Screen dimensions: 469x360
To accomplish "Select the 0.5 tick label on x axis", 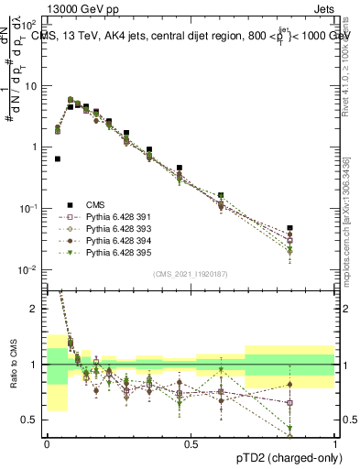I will [191, 443].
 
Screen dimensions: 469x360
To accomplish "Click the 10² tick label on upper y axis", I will [29, 26].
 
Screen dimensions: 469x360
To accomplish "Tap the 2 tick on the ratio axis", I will [37, 309].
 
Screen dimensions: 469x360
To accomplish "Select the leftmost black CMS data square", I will [58, 158].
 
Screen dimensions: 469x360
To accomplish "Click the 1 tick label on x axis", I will [335, 443].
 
